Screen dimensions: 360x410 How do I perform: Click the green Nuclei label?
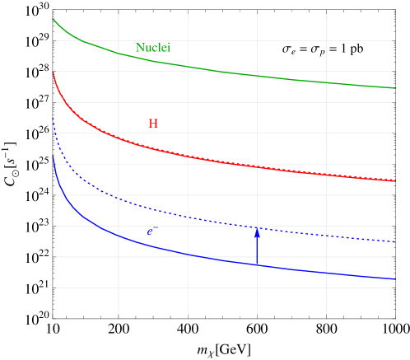pyautogui.click(x=152, y=48)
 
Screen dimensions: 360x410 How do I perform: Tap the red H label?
pyautogui.click(x=152, y=124)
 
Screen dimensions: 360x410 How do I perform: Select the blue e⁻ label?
pyautogui.click(x=151, y=232)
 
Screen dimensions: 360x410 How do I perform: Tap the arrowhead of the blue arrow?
pyautogui.click(x=257, y=233)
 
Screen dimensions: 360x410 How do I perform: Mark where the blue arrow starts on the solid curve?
pyautogui.click(x=257, y=264)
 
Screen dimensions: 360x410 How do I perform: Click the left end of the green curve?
pyautogui.click(x=54, y=19)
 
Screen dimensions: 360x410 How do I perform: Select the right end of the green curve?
pyautogui.click(x=394, y=88)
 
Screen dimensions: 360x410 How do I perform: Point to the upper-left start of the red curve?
pyautogui.click(x=54, y=72)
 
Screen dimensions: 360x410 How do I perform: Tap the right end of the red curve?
pyautogui.click(x=394, y=181)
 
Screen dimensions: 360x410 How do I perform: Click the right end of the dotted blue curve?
pyautogui.click(x=394, y=241)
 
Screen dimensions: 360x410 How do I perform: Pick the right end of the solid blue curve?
pyautogui.click(x=394, y=279)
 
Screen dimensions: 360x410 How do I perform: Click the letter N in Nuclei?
pyautogui.click(x=140, y=48)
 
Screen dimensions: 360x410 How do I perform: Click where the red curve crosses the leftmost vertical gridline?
pyautogui.click(x=119, y=138)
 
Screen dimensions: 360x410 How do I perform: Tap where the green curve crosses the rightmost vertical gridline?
pyautogui.click(x=326, y=82)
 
